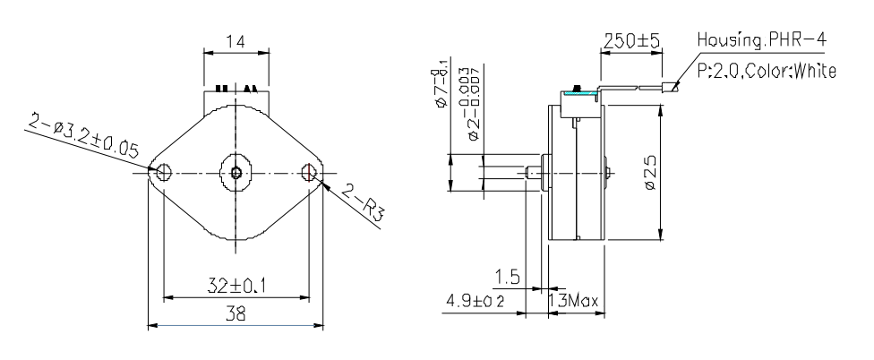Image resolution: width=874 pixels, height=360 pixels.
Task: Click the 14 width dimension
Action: (236, 41)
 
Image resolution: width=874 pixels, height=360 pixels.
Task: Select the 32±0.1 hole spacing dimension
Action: (236, 287)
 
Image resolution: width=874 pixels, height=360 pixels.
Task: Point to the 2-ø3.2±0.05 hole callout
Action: (81, 139)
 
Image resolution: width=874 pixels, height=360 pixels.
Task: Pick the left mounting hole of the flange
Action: (163, 172)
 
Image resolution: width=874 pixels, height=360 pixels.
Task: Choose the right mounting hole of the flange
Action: (310, 172)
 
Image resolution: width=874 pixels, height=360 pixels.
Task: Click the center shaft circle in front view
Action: (236, 172)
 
